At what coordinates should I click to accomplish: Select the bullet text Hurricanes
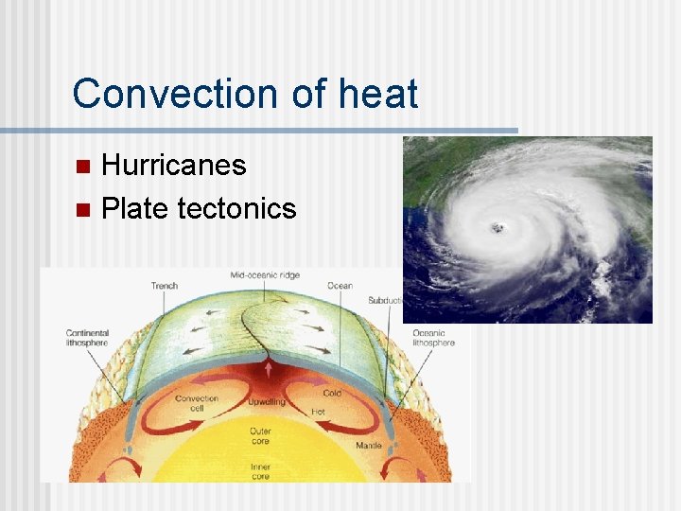pos(173,166)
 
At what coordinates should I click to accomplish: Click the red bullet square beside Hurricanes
pos(82,167)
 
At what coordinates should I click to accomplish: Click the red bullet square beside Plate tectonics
pos(82,209)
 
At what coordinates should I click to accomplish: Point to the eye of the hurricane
pos(496,227)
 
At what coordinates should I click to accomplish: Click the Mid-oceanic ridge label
pos(265,275)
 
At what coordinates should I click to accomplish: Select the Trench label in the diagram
pos(164,286)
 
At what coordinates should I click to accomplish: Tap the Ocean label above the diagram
pos(340,286)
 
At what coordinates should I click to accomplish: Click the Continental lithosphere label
pos(87,338)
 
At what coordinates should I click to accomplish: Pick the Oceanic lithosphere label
pos(434,338)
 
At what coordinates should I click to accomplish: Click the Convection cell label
pos(197,403)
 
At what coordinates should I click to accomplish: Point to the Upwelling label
pos(267,403)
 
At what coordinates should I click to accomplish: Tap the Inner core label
pos(259,471)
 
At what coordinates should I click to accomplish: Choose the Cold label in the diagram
pos(332,394)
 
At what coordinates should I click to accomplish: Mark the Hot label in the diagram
pos(319,413)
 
